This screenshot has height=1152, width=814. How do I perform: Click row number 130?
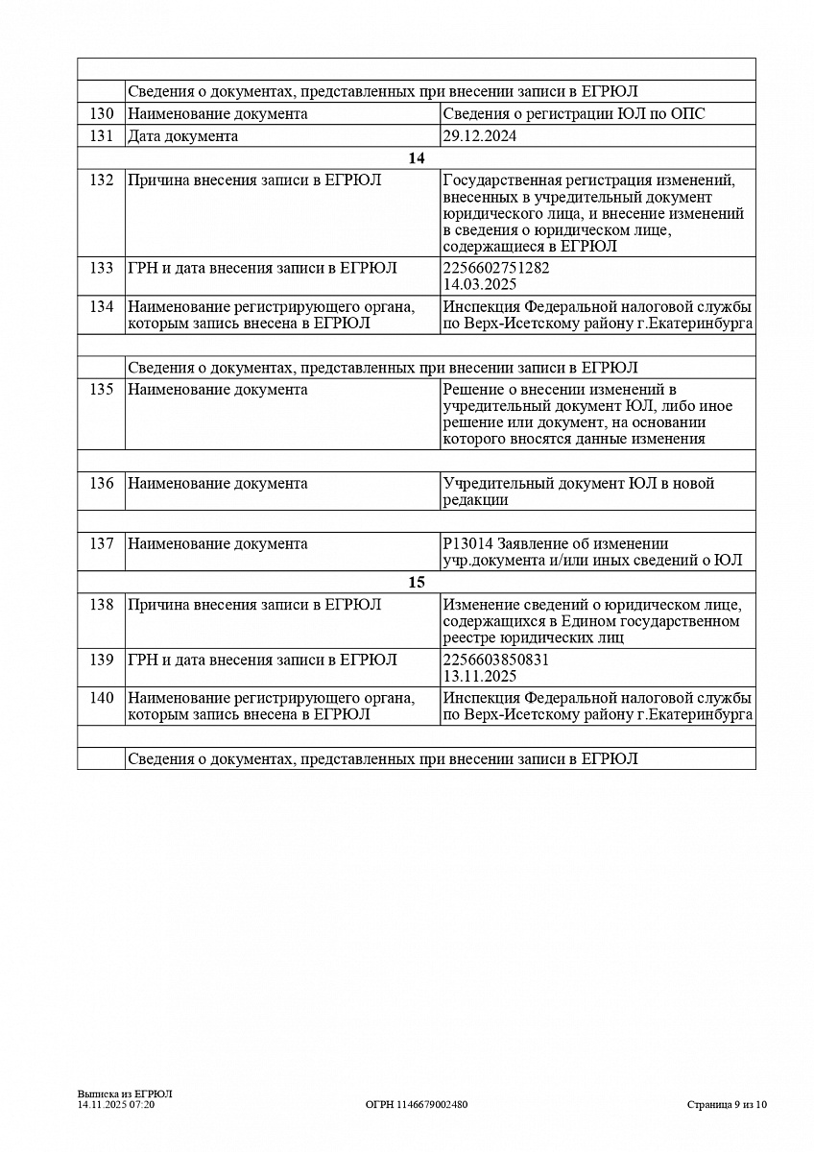102,113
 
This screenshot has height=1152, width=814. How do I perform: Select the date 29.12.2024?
480,136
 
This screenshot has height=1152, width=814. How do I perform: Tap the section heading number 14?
416,158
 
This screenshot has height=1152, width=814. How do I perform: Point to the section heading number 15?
416,583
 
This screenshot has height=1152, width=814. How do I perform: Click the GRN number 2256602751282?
496,268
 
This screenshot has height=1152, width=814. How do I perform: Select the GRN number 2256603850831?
496,660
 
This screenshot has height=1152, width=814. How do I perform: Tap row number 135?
102,390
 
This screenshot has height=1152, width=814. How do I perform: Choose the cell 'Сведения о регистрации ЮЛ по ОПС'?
574,113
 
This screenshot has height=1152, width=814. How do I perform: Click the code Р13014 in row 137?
463,544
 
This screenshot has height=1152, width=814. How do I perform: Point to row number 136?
102,484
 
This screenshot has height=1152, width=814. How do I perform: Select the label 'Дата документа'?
183,136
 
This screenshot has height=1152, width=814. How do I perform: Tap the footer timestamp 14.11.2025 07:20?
116,1105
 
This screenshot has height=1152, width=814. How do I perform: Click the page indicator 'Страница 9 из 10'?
727,1105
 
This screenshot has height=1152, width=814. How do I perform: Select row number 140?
102,698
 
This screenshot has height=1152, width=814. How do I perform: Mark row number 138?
102,605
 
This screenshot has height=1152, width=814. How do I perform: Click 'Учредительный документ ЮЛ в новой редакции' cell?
579,492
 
